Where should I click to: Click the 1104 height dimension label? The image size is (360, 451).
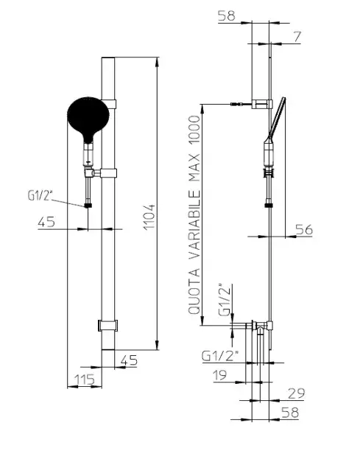[x=150, y=217]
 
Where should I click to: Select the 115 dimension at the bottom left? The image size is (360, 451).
[x=85, y=380]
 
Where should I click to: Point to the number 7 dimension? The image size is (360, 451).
[x=297, y=37]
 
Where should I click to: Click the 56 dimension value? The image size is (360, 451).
[x=304, y=230]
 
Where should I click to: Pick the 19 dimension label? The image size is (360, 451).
[x=220, y=375]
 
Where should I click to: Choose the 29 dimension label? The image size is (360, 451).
[x=296, y=394]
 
